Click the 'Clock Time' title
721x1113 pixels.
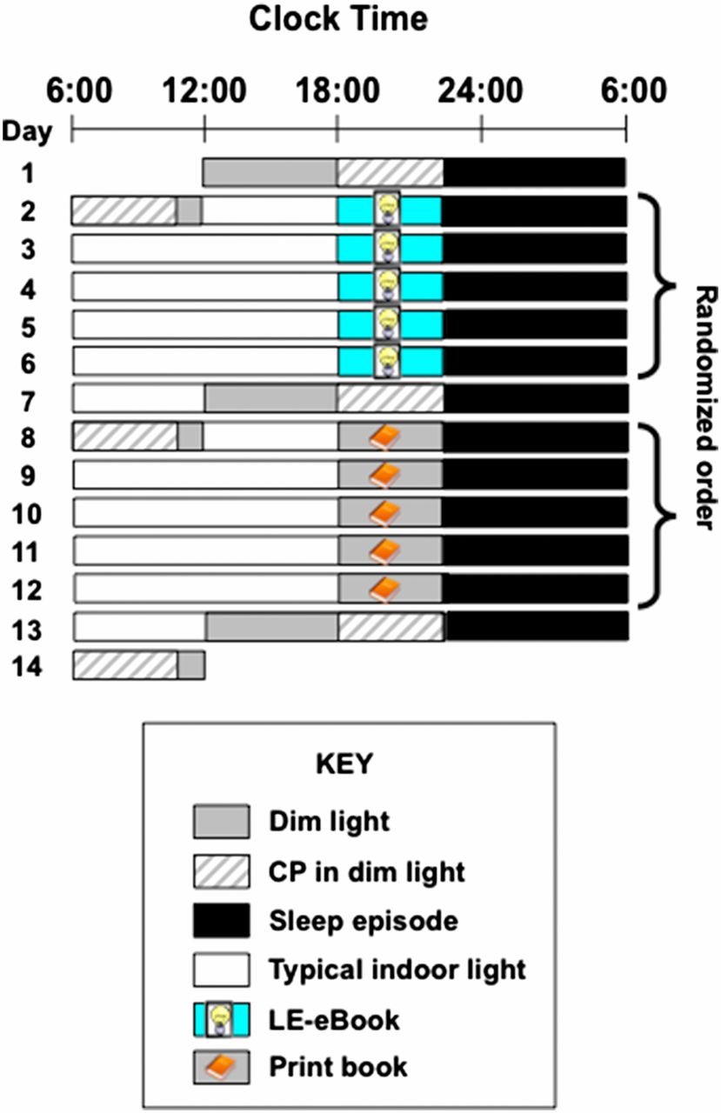point(338,19)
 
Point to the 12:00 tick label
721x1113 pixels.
point(204,90)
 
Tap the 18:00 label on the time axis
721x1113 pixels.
point(338,90)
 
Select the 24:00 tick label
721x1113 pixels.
point(480,90)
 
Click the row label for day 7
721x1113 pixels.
point(29,401)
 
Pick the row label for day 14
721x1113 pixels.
point(26,666)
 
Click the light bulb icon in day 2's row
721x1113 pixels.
point(387,210)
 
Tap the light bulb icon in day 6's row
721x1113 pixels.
point(387,361)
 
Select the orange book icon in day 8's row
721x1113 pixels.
point(384,437)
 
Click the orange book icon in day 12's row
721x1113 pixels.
point(384,589)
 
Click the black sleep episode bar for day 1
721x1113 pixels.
point(534,173)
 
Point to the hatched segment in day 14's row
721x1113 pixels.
point(125,665)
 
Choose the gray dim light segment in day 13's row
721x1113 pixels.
point(272,627)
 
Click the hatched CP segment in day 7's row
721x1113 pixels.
point(391,398)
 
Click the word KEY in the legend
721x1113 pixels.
point(344,763)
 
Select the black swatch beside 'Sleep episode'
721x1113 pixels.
point(222,921)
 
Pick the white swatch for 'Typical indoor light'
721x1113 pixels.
point(222,970)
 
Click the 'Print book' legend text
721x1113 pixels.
point(338,1067)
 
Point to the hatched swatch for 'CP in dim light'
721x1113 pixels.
point(222,871)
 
